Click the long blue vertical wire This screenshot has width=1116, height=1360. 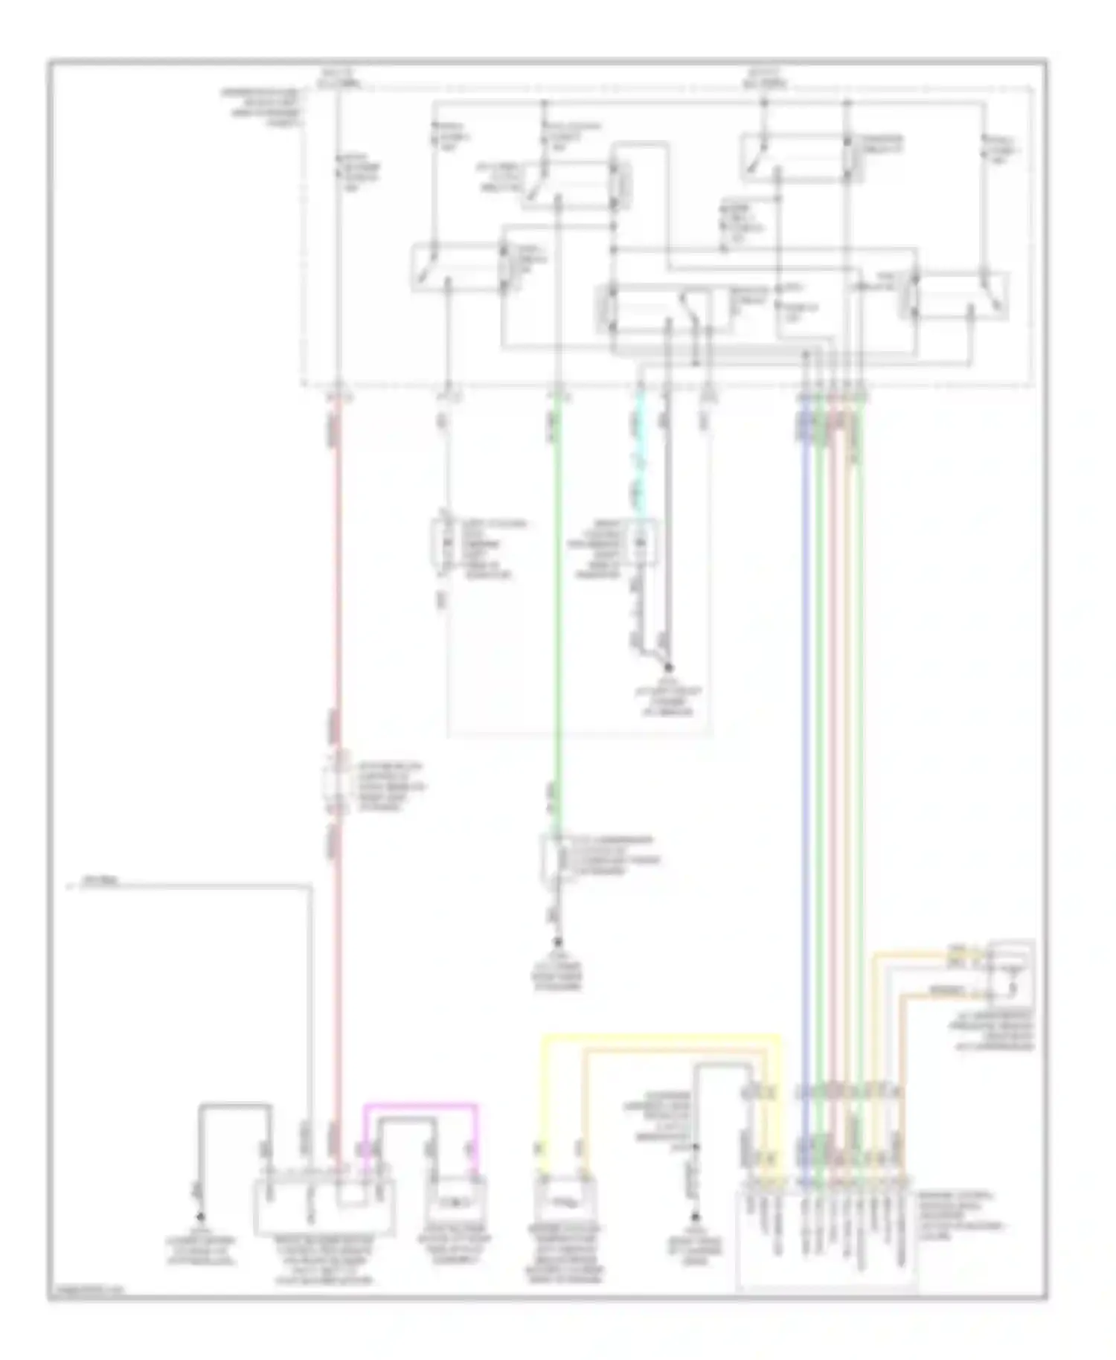804,744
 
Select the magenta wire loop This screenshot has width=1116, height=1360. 421,1106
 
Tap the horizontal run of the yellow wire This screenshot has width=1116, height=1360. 662,1035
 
